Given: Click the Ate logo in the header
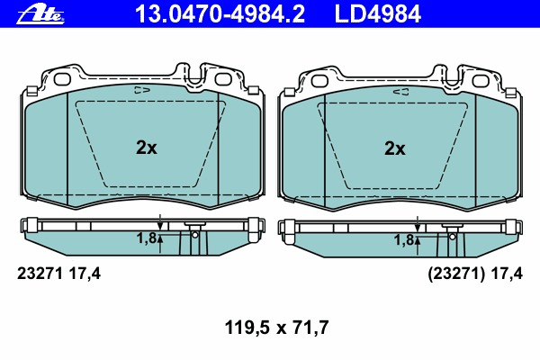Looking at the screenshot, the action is [x=40, y=15].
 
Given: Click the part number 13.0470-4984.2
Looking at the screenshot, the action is [x=220, y=14].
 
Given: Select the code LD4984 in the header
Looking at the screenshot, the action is [x=378, y=14].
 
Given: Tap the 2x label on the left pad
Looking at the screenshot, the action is [x=147, y=148].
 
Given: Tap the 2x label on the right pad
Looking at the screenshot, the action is [x=395, y=148].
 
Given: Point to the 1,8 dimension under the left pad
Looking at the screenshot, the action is [x=147, y=238].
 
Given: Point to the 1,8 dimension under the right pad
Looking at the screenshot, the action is [x=404, y=240].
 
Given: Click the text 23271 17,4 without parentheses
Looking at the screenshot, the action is [x=58, y=274].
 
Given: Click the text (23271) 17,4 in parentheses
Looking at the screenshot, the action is [x=475, y=274].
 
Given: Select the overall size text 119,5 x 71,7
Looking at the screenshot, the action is [x=276, y=328].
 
